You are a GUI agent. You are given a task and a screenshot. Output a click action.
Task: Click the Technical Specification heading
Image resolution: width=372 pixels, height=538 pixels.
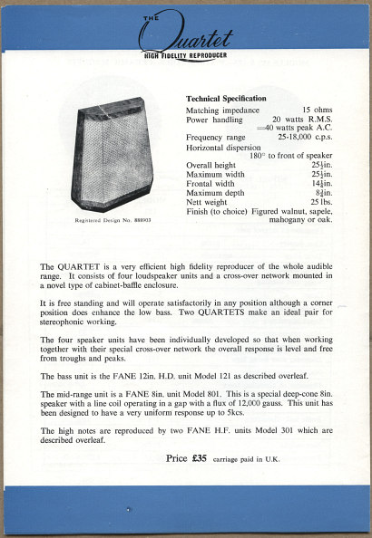[x=226, y=98]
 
